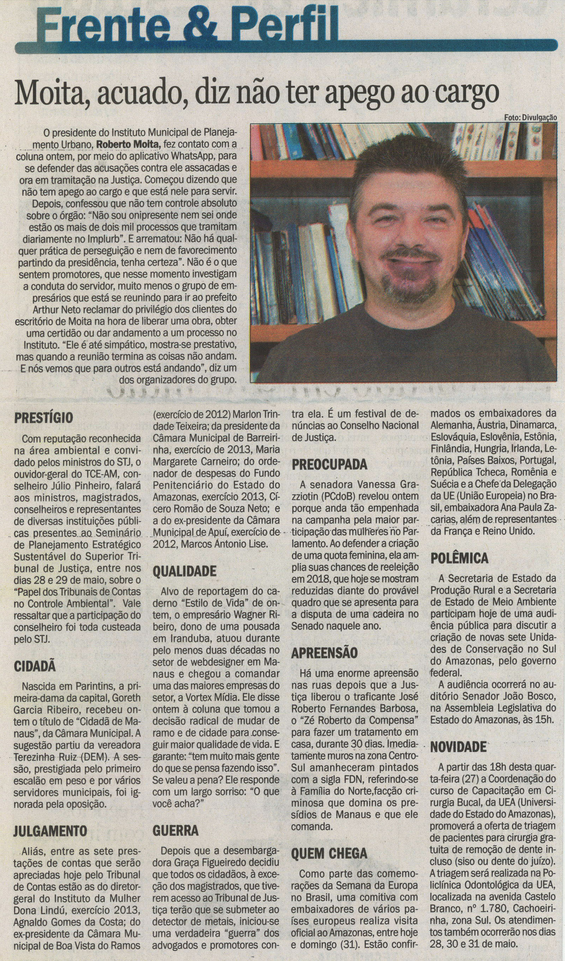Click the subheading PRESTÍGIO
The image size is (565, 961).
click(43, 418)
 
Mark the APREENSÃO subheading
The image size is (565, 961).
click(325, 653)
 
